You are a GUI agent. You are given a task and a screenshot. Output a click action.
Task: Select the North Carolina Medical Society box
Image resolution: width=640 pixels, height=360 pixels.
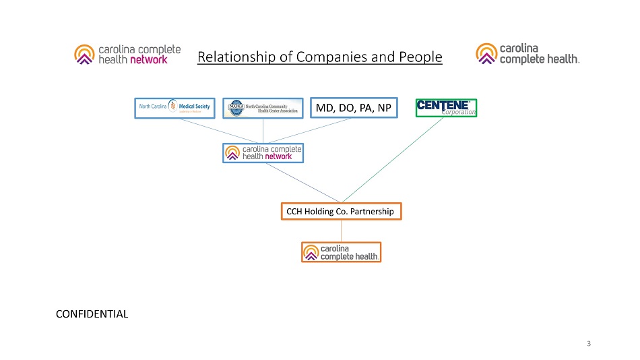(x=174, y=108)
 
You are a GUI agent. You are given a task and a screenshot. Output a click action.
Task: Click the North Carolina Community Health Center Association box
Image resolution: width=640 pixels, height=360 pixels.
(x=263, y=108)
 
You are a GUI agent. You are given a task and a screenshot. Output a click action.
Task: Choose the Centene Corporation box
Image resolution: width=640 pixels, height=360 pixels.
(x=446, y=108)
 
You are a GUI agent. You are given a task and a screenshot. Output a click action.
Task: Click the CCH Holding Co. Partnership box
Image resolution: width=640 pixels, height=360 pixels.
(x=341, y=212)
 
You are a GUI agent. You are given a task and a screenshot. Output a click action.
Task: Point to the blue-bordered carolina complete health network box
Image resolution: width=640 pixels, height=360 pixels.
(x=263, y=153)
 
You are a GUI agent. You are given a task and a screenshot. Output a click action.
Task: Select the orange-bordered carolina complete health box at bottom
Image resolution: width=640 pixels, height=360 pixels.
(x=341, y=252)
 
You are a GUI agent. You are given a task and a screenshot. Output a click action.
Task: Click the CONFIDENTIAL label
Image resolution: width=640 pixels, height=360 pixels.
(x=92, y=313)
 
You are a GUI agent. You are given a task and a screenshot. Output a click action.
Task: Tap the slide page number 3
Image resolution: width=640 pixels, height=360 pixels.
(x=589, y=344)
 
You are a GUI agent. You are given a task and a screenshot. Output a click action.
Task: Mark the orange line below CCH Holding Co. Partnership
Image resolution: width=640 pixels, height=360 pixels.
(x=341, y=231)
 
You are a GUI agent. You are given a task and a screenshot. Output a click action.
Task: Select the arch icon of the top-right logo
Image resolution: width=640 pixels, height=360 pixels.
(x=486, y=53)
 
